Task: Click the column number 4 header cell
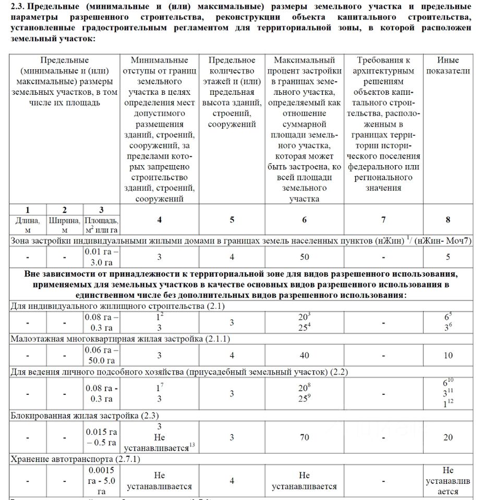(x=160, y=219)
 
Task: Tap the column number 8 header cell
(x=448, y=219)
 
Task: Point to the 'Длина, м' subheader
(x=28, y=225)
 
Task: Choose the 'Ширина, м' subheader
(x=64, y=225)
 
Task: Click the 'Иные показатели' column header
(x=448, y=66)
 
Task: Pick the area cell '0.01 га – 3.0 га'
(x=101, y=257)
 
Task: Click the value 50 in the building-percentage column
(x=304, y=257)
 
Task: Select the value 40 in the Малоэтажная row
(x=304, y=355)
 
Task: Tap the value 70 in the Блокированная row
(x=304, y=437)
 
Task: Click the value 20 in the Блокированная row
(x=448, y=437)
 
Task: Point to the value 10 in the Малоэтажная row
(x=448, y=355)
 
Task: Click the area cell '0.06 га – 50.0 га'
(x=101, y=355)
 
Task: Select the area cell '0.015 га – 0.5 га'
(x=101, y=437)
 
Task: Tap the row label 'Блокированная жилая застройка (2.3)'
(x=85, y=416)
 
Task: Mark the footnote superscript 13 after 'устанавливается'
(x=192, y=444)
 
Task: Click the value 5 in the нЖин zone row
(x=448, y=257)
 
